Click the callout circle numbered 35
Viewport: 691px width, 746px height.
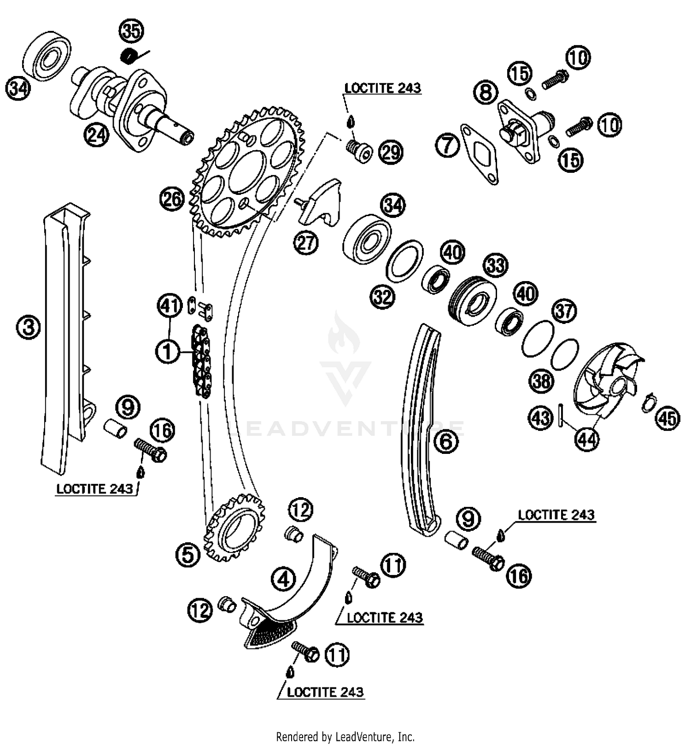pyautogui.click(x=131, y=31)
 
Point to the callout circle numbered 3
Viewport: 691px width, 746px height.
pyautogui.click(x=29, y=328)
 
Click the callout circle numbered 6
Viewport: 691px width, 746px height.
pyautogui.click(x=446, y=441)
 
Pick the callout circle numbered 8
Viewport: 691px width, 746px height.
pyautogui.click(x=486, y=92)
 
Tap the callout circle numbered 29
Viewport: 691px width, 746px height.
pyautogui.click(x=391, y=153)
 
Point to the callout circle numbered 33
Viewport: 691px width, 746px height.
pyautogui.click(x=495, y=265)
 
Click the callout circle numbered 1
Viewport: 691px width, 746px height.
pyautogui.click(x=168, y=352)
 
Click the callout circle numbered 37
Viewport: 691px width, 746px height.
pyautogui.click(x=564, y=311)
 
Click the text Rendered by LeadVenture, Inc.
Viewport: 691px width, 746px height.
pyautogui.click(x=345, y=736)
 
